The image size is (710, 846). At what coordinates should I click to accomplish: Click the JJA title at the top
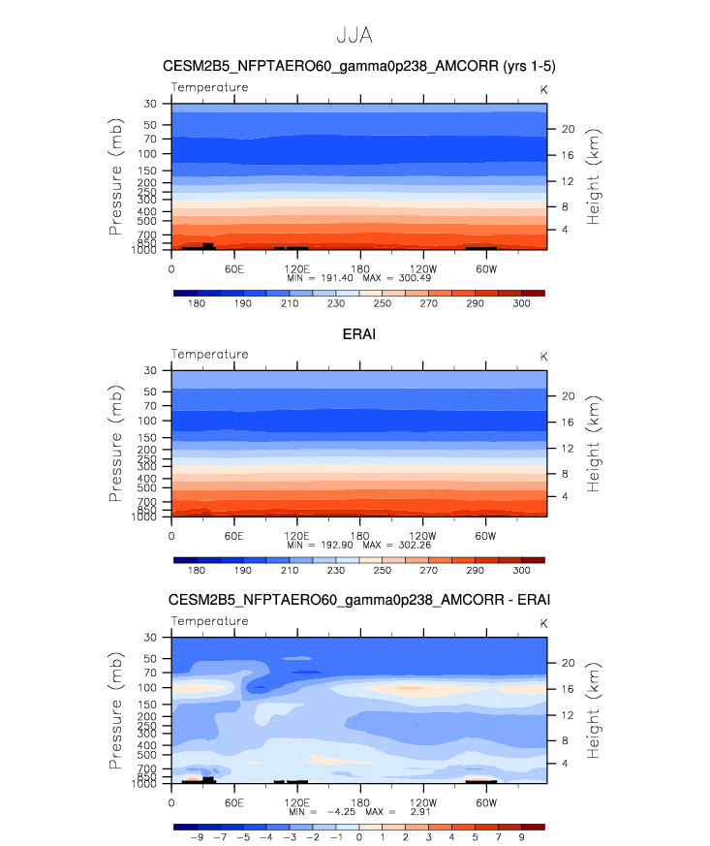(355, 35)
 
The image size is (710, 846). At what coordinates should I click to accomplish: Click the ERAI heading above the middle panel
(359, 334)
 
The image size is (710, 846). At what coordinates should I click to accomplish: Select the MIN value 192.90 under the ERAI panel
(337, 545)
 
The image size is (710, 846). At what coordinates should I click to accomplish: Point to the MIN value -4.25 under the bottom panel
(341, 811)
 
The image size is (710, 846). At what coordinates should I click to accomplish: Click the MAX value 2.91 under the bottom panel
(420, 811)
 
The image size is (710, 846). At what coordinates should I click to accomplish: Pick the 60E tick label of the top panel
(234, 268)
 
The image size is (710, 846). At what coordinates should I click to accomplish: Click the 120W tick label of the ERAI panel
(422, 536)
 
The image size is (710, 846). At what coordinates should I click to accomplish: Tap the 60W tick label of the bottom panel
(485, 802)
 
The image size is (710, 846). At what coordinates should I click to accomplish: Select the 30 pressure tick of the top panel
(150, 104)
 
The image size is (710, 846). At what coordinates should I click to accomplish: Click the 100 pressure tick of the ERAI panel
(147, 421)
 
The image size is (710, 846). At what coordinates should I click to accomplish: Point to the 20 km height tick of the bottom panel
(569, 663)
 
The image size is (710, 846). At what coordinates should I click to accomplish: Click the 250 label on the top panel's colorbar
(383, 303)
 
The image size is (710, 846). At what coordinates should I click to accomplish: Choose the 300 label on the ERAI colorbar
(521, 570)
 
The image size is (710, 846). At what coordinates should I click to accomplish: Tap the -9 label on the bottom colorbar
(197, 837)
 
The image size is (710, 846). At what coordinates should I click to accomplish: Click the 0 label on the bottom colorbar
(359, 837)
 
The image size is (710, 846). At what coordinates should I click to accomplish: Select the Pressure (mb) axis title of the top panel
(116, 176)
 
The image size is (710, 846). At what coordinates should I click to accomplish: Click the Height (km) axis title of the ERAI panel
(593, 444)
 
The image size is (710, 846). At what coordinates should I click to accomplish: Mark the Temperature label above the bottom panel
(210, 621)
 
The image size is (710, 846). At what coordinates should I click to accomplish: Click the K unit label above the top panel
(543, 89)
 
